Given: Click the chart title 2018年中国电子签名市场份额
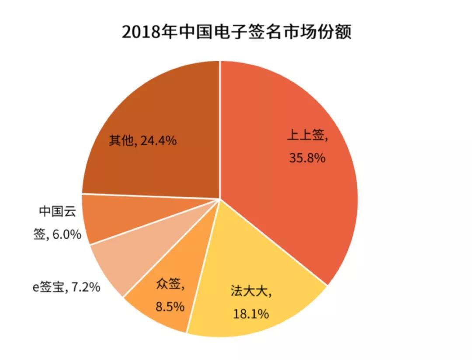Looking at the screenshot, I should tap(236, 32).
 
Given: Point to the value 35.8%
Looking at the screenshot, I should tap(307, 157).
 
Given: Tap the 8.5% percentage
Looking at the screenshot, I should tap(170, 306).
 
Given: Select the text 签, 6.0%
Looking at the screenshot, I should tap(57, 234).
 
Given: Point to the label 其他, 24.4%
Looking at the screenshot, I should tap(142, 141).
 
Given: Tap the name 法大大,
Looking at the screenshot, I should tap(251, 292).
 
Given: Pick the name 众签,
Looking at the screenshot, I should tap(170, 285).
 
